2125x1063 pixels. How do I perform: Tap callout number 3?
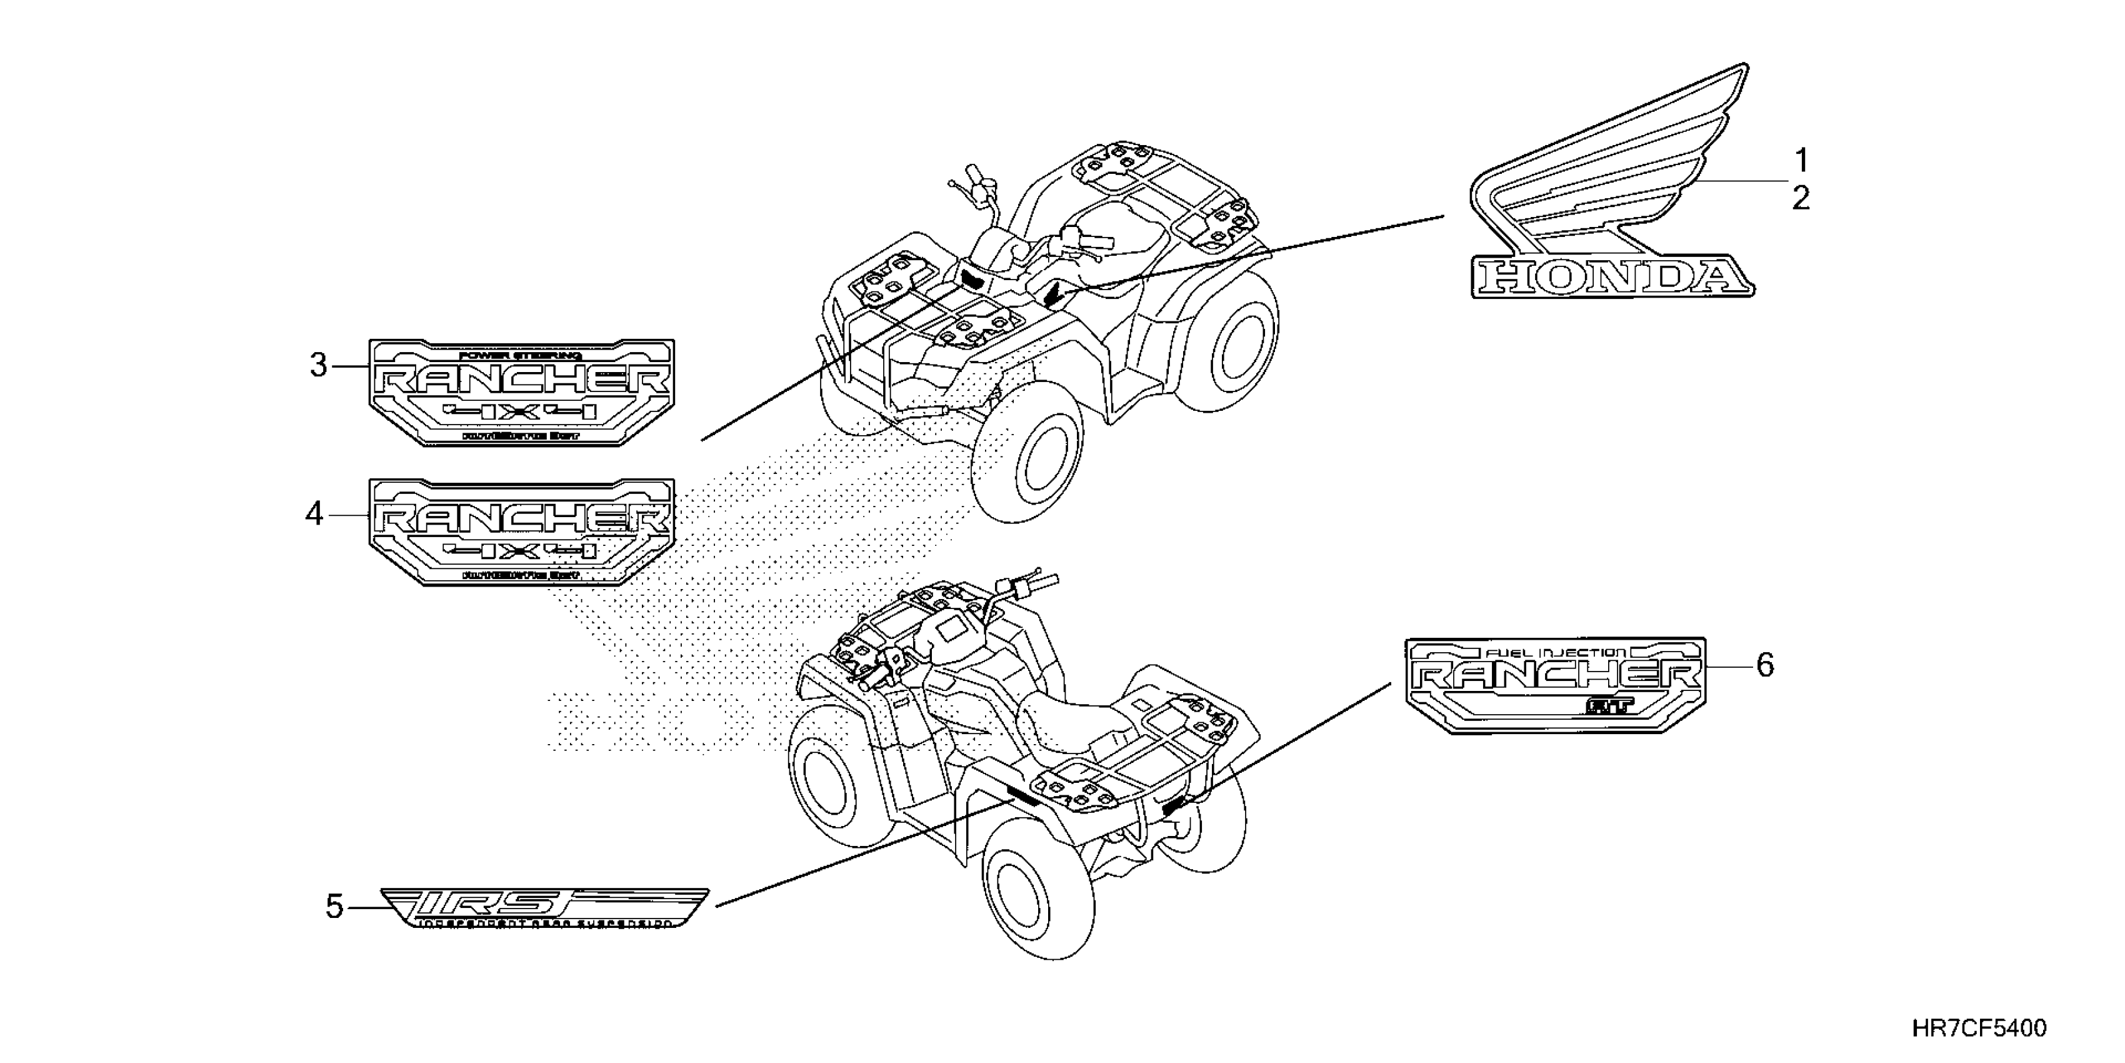[318, 365]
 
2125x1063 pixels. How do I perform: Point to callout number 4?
[314, 514]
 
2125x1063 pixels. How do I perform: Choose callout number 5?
[333, 907]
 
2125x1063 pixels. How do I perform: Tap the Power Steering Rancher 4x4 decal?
[521, 392]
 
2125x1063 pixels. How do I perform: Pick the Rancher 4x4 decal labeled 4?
[521, 532]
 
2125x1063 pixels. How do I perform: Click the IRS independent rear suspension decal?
[544, 908]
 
